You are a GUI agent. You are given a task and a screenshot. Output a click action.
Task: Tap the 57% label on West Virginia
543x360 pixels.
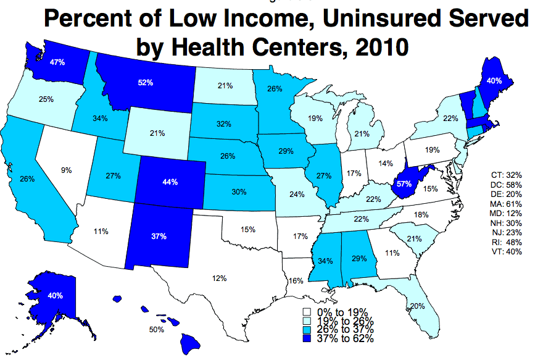(x=405, y=184)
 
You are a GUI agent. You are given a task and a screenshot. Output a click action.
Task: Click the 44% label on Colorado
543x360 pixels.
(x=170, y=182)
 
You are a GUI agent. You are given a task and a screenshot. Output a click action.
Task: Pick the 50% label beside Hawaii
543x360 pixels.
(x=156, y=330)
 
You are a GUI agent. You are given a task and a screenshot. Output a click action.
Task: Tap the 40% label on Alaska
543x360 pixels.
(x=55, y=296)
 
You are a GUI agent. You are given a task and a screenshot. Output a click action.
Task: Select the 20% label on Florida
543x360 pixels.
(x=417, y=306)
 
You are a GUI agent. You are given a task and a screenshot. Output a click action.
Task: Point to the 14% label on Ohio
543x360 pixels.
(x=386, y=164)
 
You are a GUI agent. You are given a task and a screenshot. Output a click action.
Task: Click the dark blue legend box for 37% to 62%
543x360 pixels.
(x=306, y=338)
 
